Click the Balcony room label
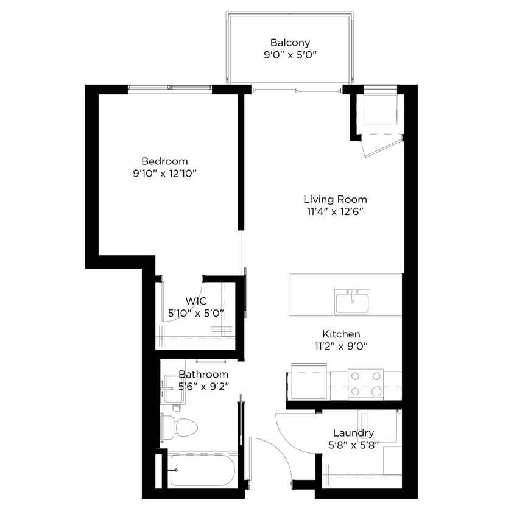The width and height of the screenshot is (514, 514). click(x=290, y=43)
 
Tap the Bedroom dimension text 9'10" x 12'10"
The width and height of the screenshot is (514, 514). click(x=164, y=173)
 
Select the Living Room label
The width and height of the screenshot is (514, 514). click(x=335, y=199)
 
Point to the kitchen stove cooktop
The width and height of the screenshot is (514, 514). click(x=365, y=384)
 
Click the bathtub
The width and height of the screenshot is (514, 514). click(x=202, y=470)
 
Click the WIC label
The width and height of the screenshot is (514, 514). click(x=195, y=301)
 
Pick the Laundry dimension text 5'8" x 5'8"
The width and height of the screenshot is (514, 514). click(x=353, y=445)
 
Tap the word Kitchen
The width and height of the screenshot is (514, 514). click(x=341, y=334)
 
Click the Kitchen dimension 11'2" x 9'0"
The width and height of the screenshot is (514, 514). click(x=341, y=346)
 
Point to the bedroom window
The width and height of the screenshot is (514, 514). click(x=170, y=89)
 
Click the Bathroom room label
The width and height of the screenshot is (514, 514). click(x=203, y=374)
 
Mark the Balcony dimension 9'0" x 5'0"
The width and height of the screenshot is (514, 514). click(x=290, y=55)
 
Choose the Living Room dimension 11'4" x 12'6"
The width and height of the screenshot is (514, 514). click(x=335, y=211)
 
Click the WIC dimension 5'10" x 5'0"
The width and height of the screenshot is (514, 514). click(x=196, y=313)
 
